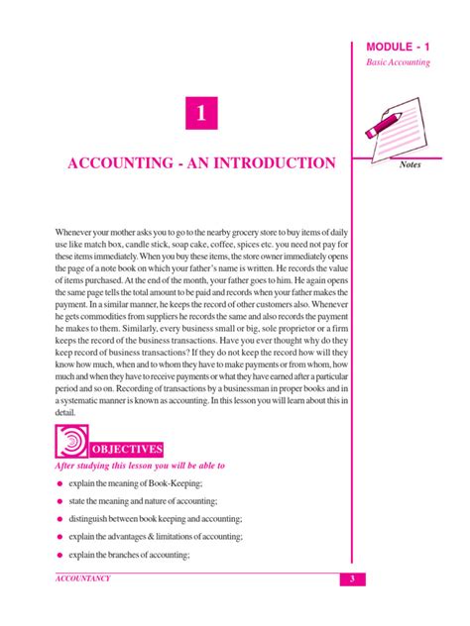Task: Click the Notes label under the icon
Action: pyautogui.click(x=410, y=164)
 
